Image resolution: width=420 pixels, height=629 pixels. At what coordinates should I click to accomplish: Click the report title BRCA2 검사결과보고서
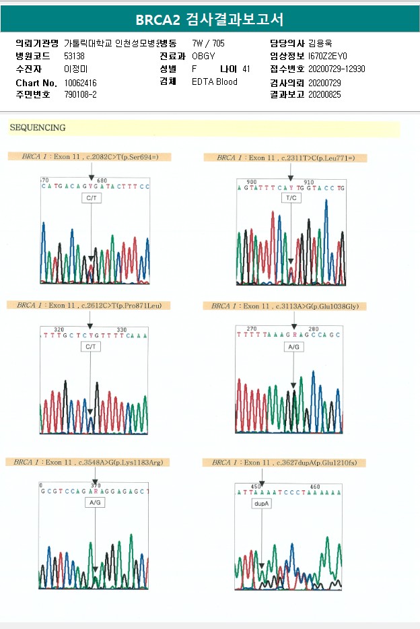[x=209, y=20]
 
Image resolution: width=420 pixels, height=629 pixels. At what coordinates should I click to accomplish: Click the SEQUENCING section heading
[x=38, y=127]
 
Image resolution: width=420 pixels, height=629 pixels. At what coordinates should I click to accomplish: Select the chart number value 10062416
[x=81, y=82]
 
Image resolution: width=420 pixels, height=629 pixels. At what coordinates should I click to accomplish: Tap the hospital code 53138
[x=74, y=56]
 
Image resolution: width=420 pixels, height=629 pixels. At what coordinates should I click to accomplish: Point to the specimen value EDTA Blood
[x=214, y=82]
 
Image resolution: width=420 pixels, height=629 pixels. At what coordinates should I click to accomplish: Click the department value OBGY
[x=203, y=56]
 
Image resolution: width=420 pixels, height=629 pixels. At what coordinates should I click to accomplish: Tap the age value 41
[x=246, y=69]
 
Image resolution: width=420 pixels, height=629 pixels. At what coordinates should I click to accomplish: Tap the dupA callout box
[x=261, y=503]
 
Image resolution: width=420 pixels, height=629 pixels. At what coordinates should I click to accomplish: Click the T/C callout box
[x=291, y=199]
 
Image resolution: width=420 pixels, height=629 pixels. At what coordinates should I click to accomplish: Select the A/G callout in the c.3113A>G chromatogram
[x=293, y=347]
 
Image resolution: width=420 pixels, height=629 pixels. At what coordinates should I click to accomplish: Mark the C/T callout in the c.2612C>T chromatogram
[x=90, y=346]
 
